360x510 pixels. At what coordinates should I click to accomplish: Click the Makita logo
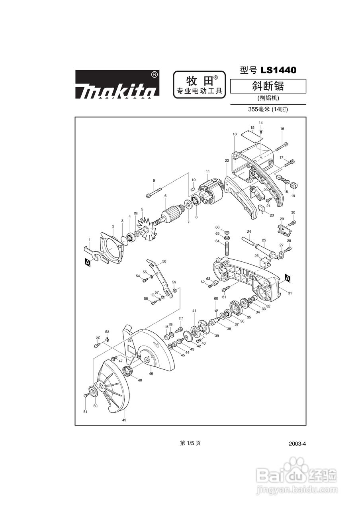click(117, 84)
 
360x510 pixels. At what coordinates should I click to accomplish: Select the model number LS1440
click(278, 71)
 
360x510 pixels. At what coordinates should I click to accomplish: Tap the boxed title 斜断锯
click(268, 86)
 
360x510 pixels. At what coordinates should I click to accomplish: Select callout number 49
click(124, 420)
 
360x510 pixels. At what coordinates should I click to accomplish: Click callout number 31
click(290, 293)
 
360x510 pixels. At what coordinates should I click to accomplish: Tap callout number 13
click(235, 134)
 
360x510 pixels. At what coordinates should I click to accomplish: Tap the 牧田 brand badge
click(199, 84)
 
